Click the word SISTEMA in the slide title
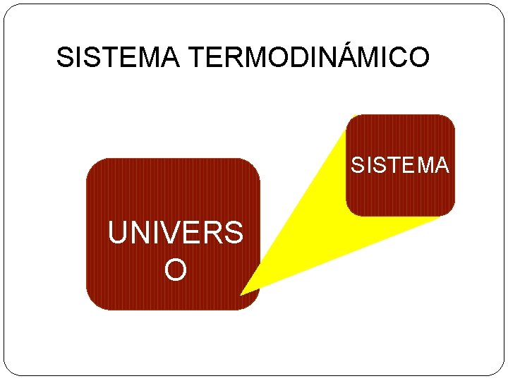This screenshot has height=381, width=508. (x=117, y=58)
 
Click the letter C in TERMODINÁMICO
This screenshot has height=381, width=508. (x=394, y=58)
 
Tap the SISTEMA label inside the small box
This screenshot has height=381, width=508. (x=400, y=165)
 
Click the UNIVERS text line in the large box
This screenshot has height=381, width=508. (x=175, y=233)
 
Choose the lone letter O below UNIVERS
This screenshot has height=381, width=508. (x=175, y=269)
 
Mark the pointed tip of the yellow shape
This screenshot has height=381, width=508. (x=242, y=293)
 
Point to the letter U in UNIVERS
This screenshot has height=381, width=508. (x=118, y=233)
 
